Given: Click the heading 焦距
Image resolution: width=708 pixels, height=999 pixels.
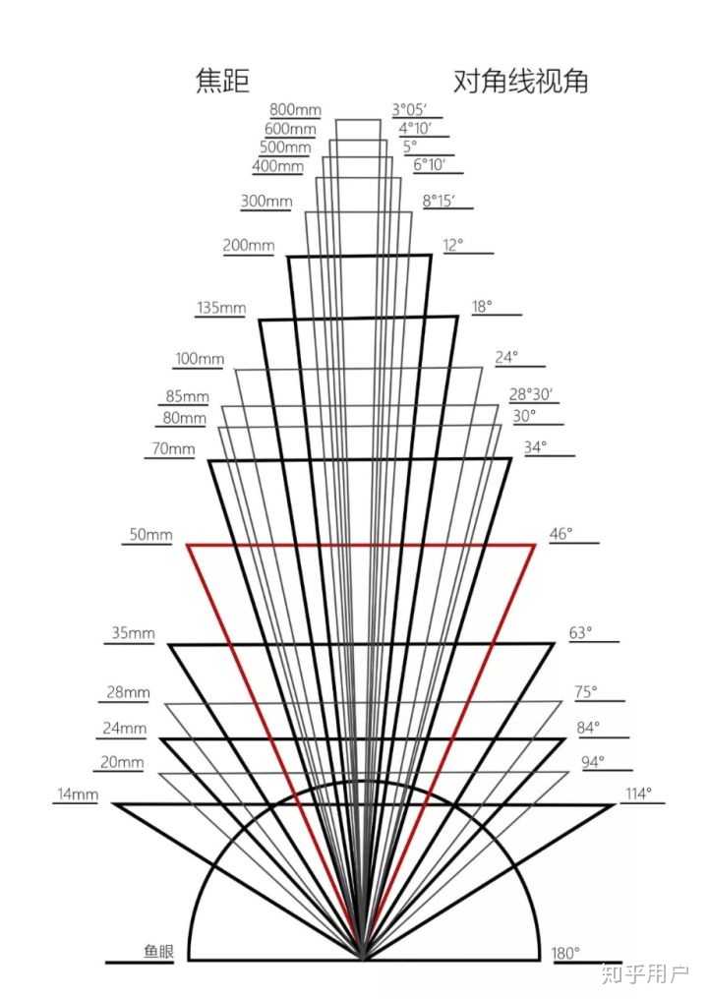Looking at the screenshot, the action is [223, 82].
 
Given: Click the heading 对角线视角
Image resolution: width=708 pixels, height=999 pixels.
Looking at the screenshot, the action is [520, 82].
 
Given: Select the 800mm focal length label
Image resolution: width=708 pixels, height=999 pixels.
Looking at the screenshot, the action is [296, 110].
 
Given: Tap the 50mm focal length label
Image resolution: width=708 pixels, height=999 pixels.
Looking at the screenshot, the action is [150, 536].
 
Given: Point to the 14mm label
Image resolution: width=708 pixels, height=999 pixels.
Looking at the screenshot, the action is [76, 794].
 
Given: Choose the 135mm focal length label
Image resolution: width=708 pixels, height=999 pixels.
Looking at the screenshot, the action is [221, 308].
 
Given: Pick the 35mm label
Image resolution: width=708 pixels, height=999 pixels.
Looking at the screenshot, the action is [133, 634].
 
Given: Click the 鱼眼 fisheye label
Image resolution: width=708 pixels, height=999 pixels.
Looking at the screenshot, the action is [158, 952].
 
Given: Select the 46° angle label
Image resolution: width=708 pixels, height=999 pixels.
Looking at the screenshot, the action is [560, 535].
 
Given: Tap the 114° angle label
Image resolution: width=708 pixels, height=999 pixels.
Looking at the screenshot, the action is [638, 794].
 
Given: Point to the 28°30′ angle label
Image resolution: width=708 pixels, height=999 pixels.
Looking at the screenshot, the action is [531, 394].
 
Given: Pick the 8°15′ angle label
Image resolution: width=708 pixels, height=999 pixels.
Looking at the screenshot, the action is [439, 201].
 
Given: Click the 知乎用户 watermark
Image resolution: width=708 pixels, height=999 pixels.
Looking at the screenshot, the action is [645, 974].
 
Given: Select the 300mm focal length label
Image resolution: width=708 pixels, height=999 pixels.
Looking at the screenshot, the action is [266, 202].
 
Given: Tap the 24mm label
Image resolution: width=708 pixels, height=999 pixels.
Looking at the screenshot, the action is [125, 729].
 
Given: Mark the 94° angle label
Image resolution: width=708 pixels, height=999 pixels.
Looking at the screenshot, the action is [593, 761].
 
